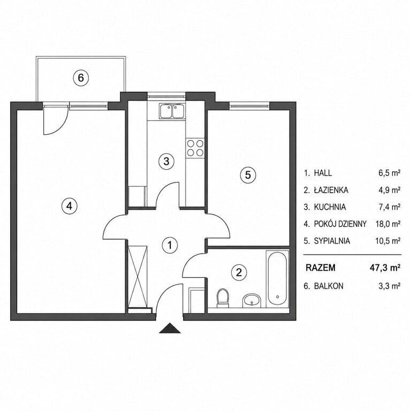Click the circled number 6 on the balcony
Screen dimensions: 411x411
(81, 78)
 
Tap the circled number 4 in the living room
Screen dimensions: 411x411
(69, 206)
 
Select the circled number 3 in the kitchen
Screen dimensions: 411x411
(166, 161)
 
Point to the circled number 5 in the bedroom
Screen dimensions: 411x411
(248, 174)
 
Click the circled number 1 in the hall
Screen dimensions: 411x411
(170, 245)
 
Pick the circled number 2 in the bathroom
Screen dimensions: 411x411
(239, 272)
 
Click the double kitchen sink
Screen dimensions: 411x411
(172, 111)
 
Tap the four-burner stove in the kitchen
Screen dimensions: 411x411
(195, 148)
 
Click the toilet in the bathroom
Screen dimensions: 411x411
(223, 298)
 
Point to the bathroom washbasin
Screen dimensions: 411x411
(252, 300)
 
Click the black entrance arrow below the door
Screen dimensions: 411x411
(170, 328)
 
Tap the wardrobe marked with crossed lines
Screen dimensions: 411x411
(138, 276)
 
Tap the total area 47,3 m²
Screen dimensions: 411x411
(385, 268)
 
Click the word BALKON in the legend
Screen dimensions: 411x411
(329, 286)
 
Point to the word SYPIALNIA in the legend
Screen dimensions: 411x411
(332, 241)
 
